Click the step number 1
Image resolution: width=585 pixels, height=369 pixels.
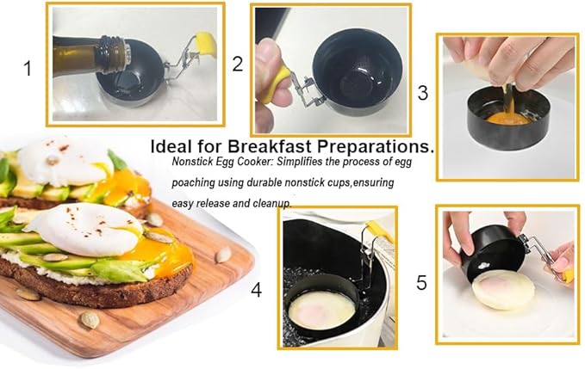click(28, 69)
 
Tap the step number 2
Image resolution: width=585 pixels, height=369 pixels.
click(238, 64)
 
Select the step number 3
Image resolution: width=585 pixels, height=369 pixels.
click(423, 93)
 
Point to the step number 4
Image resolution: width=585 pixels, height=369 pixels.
click(256, 290)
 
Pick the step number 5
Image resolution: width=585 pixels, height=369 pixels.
click(421, 283)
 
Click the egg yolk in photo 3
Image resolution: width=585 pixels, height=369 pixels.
click(507, 120)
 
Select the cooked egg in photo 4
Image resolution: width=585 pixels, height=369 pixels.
click(322, 311)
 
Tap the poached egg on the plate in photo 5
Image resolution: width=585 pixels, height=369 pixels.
click(504, 290)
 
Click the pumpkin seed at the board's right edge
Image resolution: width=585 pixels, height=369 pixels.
click(223, 255)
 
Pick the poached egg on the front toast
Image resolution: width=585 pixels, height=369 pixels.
click(85, 228)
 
